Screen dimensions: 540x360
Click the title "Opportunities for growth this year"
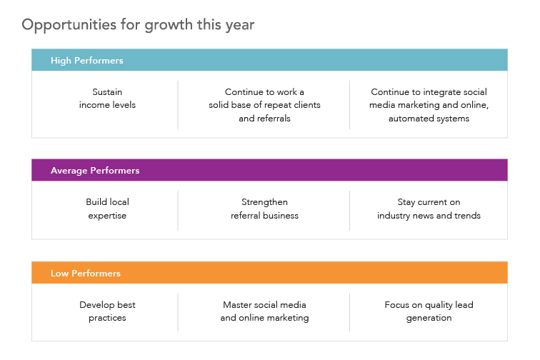click(138, 25)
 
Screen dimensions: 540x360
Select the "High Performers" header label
click(87, 60)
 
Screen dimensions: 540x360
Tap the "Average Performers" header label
click(95, 170)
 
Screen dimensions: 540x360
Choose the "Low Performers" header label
click(86, 273)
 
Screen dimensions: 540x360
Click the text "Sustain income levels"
click(107, 99)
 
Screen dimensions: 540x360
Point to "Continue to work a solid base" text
click(264, 105)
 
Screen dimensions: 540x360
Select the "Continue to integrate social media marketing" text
click(429, 105)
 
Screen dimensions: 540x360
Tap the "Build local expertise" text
click(107, 209)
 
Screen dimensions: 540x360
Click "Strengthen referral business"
click(264, 209)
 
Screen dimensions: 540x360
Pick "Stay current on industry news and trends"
click(429, 209)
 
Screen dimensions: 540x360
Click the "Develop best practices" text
click(107, 311)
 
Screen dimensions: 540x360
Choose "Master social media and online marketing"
click(264, 311)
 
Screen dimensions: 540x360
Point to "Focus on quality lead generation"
click(429, 311)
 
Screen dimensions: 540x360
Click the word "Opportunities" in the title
click(69, 25)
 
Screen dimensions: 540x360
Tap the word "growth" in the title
click(169, 26)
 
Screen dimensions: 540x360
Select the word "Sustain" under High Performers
click(107, 92)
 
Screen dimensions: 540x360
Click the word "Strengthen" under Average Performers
click(264, 202)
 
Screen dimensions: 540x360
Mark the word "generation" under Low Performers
click(429, 318)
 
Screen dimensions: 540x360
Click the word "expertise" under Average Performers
click(107, 216)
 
